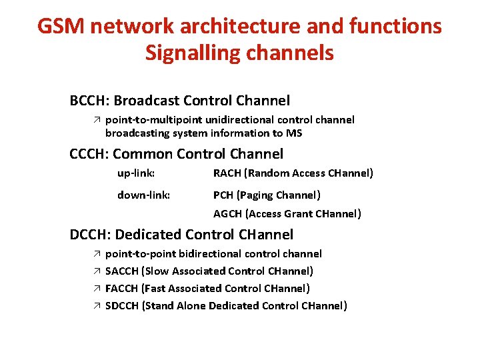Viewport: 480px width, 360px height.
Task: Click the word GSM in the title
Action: [x=60, y=27]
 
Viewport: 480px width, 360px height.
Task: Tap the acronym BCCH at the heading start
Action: [x=89, y=101]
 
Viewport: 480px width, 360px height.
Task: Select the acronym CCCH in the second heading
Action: [x=89, y=154]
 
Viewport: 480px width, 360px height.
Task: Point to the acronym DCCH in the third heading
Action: [x=90, y=235]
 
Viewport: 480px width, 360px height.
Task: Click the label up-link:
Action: [x=136, y=173]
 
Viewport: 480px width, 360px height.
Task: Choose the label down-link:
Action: [x=143, y=195]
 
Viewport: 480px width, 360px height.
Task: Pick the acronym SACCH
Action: [x=122, y=271]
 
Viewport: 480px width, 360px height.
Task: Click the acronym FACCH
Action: [x=122, y=289]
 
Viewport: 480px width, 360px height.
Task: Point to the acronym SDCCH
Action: [x=123, y=306]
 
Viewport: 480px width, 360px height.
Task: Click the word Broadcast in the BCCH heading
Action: [x=146, y=101]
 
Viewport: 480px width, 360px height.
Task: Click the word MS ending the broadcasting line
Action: [x=294, y=133]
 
